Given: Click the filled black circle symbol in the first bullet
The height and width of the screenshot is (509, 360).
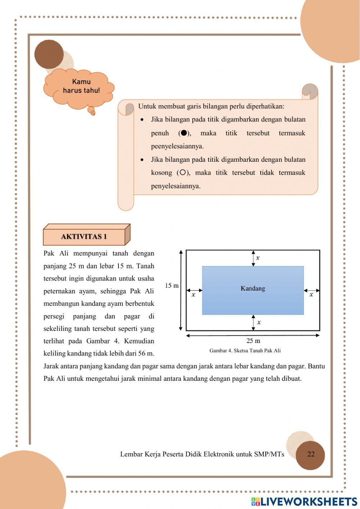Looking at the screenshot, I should (x=184, y=133).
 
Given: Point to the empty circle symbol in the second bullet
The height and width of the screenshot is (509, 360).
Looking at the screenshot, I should (x=183, y=173).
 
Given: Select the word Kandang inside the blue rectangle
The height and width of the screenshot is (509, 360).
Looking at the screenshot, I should (x=253, y=288).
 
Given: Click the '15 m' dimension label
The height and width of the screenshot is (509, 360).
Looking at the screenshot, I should (x=172, y=286).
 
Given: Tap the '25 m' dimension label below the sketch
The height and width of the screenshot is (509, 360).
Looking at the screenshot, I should (x=253, y=341).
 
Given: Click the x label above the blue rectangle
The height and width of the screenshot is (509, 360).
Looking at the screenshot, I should (x=258, y=258).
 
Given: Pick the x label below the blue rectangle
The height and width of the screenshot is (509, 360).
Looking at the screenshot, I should (x=259, y=322).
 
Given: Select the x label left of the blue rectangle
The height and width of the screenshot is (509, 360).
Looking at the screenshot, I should (x=193, y=295).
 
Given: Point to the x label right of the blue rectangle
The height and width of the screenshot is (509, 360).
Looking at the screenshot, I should (x=311, y=295).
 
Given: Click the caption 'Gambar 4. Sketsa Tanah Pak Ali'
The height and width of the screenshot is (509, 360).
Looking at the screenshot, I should (x=245, y=351).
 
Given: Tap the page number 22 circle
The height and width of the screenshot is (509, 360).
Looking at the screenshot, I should (x=310, y=454).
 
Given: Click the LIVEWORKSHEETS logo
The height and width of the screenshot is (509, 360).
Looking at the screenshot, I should (x=304, y=501).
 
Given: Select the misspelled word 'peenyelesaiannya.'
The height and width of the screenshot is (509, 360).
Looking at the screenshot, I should (x=177, y=146).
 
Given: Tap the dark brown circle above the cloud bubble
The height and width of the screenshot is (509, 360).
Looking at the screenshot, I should (x=49, y=54).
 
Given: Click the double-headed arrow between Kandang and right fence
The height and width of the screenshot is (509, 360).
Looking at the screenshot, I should (x=312, y=290).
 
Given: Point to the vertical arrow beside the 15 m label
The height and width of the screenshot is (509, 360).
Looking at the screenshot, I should (x=181, y=290).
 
